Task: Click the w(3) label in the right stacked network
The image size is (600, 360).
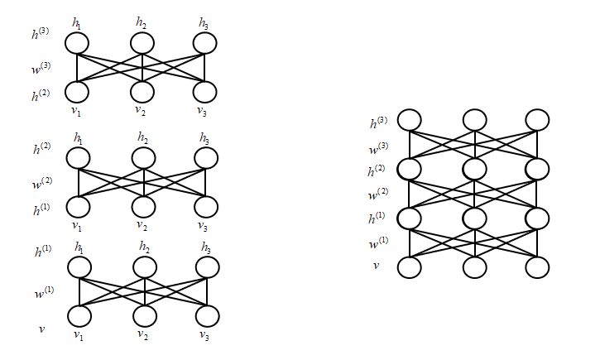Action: pos(377,148)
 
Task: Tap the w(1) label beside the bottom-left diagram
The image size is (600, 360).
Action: pos(41,295)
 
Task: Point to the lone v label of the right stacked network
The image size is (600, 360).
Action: pos(376,265)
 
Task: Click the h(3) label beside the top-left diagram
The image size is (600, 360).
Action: pos(41,35)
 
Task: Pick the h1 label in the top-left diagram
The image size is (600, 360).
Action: pos(77,23)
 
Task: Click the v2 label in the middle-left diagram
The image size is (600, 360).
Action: pos(142,225)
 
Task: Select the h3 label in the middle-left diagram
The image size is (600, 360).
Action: pos(204,137)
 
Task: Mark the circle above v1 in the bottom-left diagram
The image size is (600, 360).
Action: pos(79,316)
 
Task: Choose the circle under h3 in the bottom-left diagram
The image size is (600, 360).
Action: pos(207,267)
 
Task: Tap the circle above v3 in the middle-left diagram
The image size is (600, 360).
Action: pos(207,207)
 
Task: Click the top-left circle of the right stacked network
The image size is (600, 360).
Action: pos(409,120)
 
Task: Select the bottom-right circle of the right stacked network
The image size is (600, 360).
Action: pos(537,267)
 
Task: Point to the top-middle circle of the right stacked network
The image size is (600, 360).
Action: pos(473,120)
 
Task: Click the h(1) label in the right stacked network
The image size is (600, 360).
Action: pos(377,219)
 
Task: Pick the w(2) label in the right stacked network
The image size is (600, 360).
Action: pos(377,195)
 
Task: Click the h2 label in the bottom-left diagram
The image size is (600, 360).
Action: pos(144,247)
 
